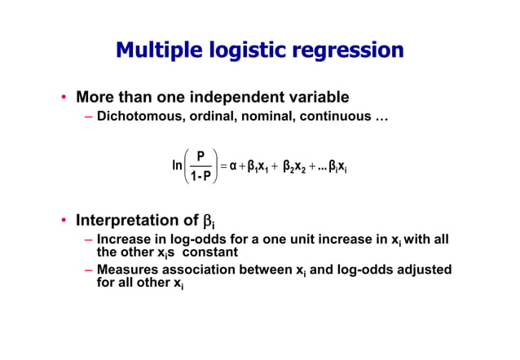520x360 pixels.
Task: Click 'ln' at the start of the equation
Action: pyautogui.click(x=177, y=165)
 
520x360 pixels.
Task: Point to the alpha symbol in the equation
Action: pyautogui.click(x=233, y=165)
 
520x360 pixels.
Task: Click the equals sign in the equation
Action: pyautogui.click(x=223, y=165)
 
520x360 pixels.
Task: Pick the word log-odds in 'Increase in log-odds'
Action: pyautogui.click(x=195, y=240)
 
